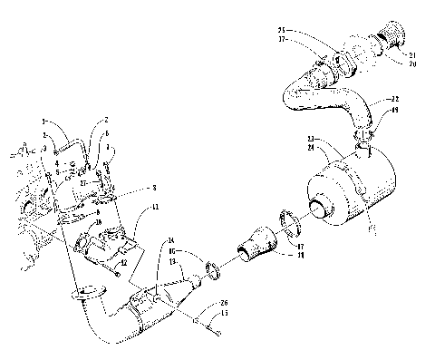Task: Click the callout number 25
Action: click(x=283, y=30)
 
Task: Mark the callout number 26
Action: click(x=226, y=303)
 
